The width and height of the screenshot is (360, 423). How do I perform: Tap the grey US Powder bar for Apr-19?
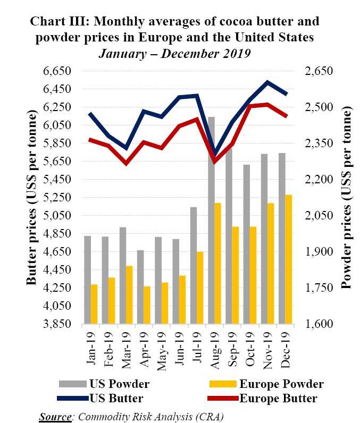coord(140,287)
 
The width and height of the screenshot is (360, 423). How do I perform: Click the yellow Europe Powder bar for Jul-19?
coord(199,287)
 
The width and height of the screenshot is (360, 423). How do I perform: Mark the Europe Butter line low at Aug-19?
coord(214,162)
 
